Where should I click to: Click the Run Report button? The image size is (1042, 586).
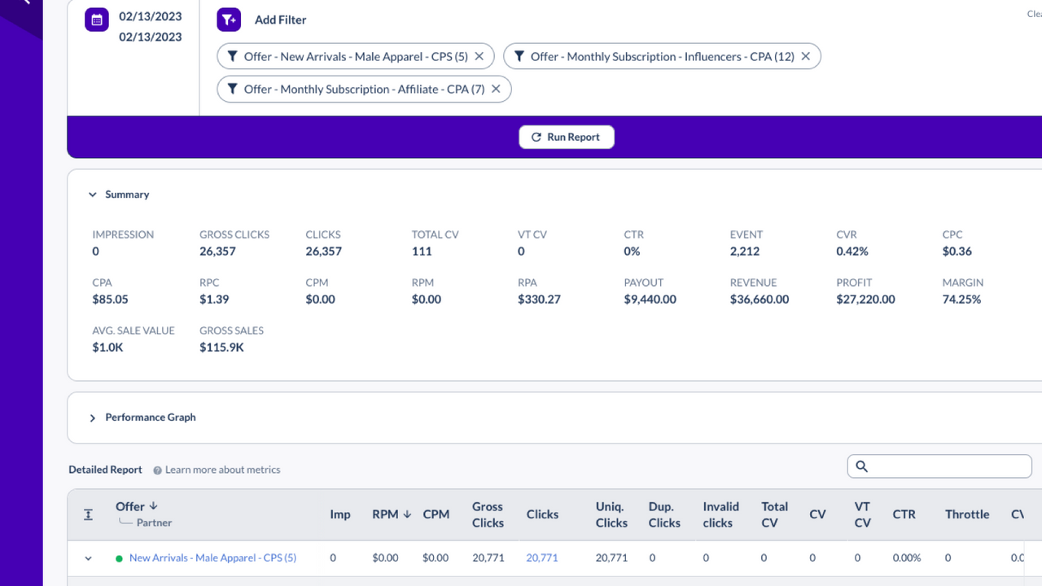(567, 137)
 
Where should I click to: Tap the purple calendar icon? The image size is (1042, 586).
(97, 20)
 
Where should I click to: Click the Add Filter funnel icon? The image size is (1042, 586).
(229, 20)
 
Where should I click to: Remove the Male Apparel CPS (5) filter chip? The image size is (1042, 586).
(479, 56)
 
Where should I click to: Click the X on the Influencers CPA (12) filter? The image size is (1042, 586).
(806, 56)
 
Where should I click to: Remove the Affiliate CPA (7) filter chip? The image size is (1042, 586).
(496, 89)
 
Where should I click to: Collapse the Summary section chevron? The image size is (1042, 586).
(93, 195)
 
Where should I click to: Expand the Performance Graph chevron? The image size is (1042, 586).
(93, 418)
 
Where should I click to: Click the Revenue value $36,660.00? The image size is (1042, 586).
(759, 300)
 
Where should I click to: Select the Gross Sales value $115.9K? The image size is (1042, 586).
(221, 348)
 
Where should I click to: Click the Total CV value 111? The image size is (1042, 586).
(422, 251)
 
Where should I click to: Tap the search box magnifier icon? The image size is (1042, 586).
(862, 466)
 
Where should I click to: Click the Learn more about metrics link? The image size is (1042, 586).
(222, 470)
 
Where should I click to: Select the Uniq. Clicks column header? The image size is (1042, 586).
(611, 514)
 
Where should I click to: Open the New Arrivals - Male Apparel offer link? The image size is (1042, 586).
(212, 558)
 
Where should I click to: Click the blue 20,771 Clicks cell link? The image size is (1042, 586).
(542, 558)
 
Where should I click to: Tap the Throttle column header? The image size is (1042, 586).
(967, 514)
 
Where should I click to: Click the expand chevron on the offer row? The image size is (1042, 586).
(89, 558)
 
